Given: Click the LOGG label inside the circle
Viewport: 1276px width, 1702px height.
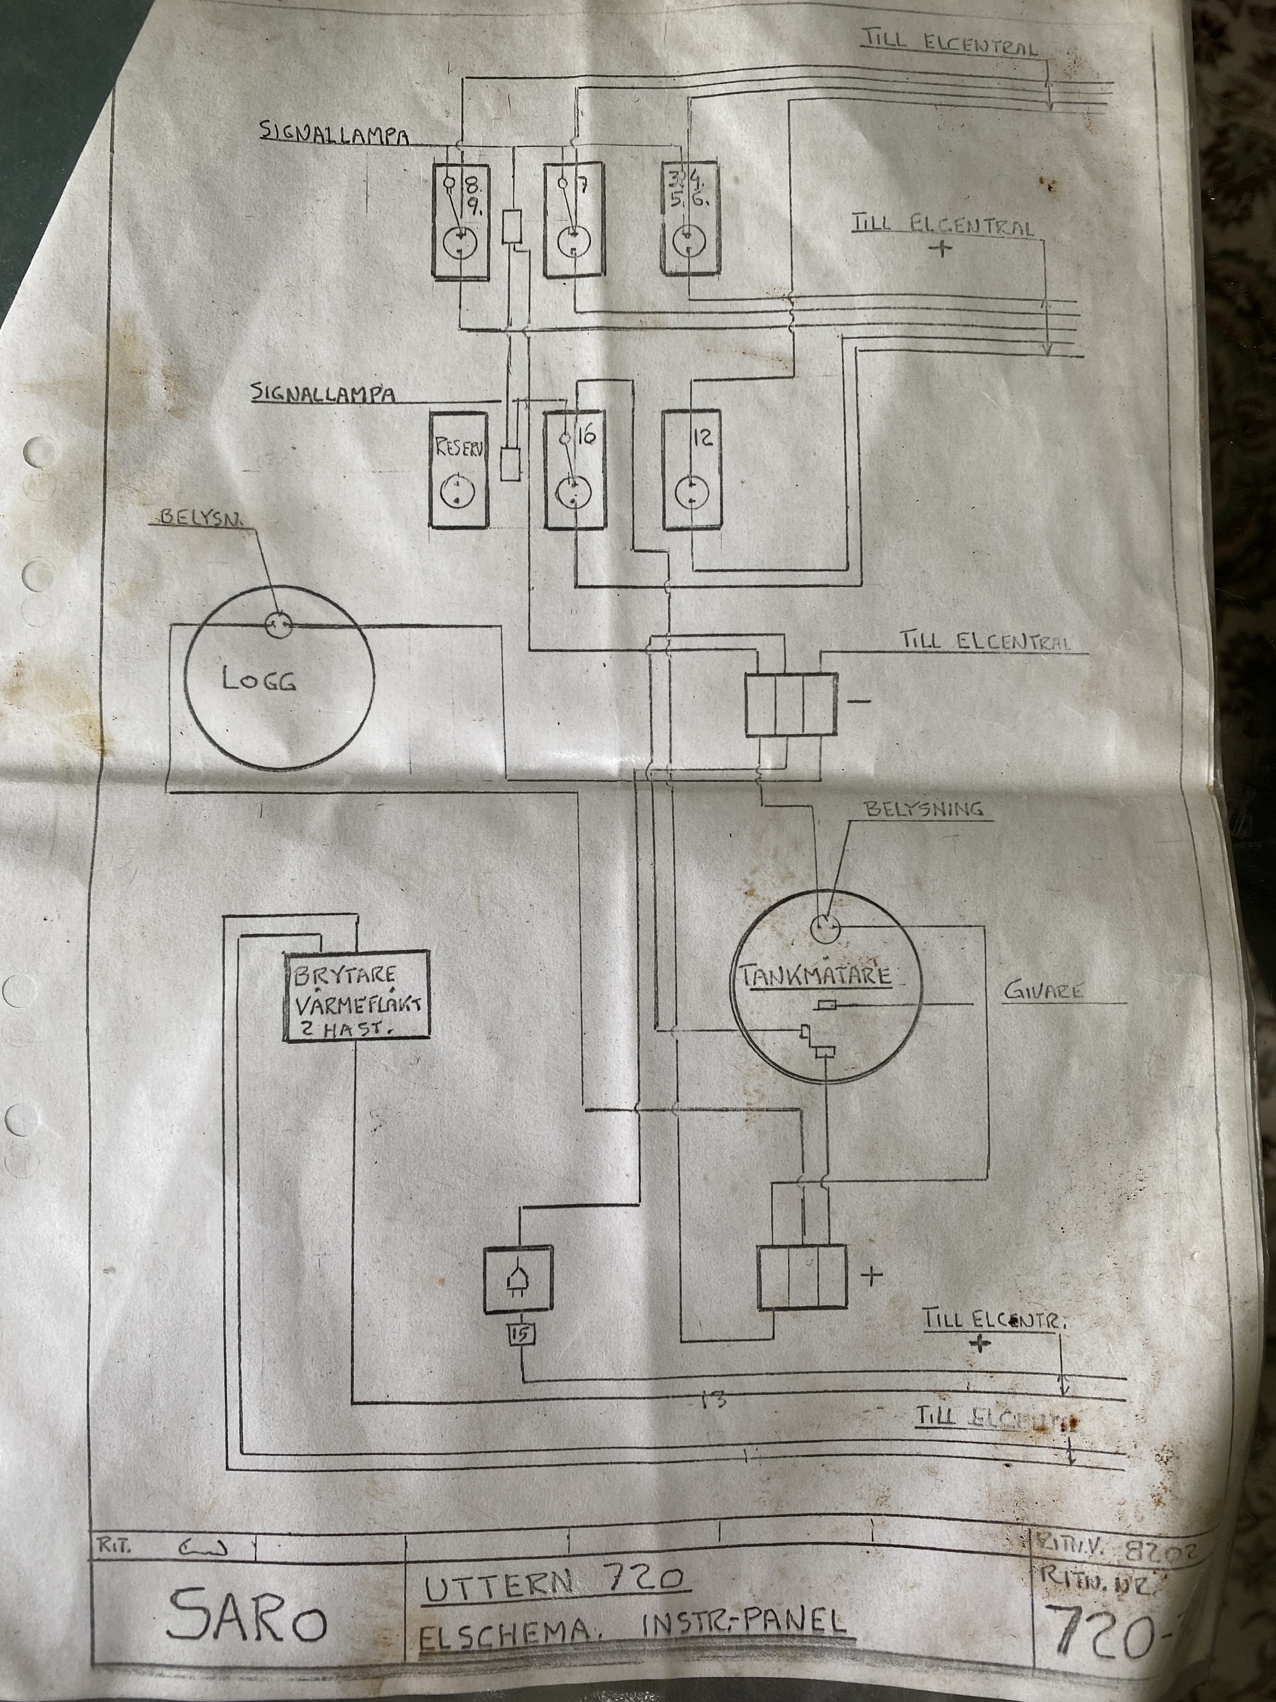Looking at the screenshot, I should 259,680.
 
